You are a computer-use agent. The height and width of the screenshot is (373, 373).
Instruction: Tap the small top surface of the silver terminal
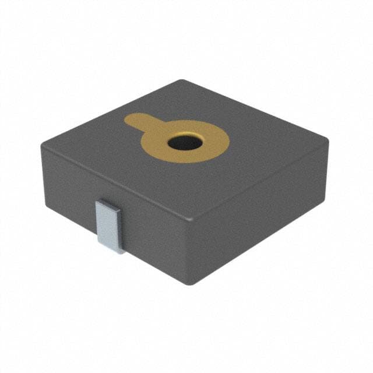(x=110, y=204)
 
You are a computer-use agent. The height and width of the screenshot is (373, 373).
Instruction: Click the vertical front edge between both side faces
(x=193, y=254)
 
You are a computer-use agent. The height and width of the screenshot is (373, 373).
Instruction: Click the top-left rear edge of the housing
(x=111, y=110)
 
